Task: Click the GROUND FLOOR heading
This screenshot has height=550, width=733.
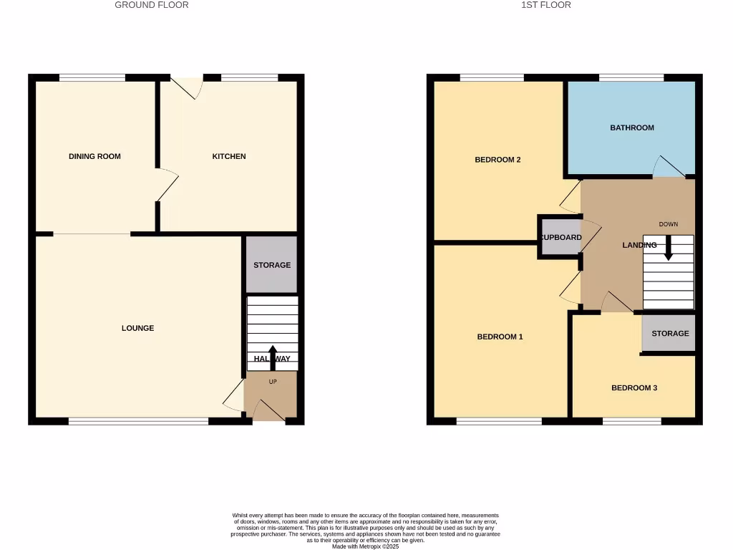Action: pyautogui.click(x=152, y=5)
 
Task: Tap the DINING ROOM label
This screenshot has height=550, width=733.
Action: pyautogui.click(x=94, y=156)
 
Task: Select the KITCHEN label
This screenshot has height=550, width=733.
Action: pyautogui.click(x=229, y=156)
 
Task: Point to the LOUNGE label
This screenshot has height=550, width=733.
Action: pyautogui.click(x=137, y=328)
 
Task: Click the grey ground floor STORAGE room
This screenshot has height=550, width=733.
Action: pyautogui.click(x=272, y=265)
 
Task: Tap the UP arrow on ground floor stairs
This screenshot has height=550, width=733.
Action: pyautogui.click(x=272, y=357)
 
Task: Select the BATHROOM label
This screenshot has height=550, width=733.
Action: pyautogui.click(x=632, y=127)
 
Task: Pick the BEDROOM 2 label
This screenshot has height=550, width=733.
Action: pyautogui.click(x=497, y=160)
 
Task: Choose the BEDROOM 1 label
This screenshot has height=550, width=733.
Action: pyautogui.click(x=500, y=337)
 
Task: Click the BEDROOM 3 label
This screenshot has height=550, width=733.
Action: pyautogui.click(x=634, y=388)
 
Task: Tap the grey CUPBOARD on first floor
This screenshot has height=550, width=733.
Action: pyautogui.click(x=560, y=237)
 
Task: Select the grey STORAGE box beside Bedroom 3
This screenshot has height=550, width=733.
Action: pyautogui.click(x=670, y=333)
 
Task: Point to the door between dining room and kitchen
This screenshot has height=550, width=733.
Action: pyautogui.click(x=167, y=185)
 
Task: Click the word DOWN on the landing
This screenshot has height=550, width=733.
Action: pyautogui.click(x=669, y=224)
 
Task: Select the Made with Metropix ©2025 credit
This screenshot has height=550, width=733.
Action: pyautogui.click(x=366, y=546)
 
